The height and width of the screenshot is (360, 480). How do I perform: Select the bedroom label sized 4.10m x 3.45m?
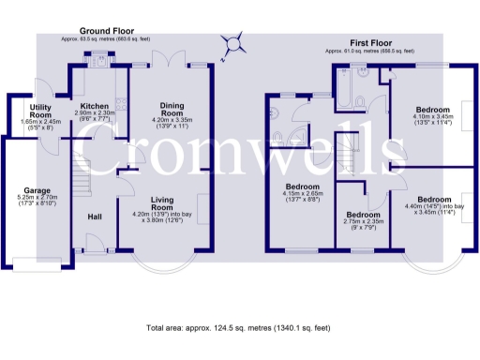coord(433,110)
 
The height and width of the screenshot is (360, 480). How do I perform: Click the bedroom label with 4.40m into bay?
coord(433,200)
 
